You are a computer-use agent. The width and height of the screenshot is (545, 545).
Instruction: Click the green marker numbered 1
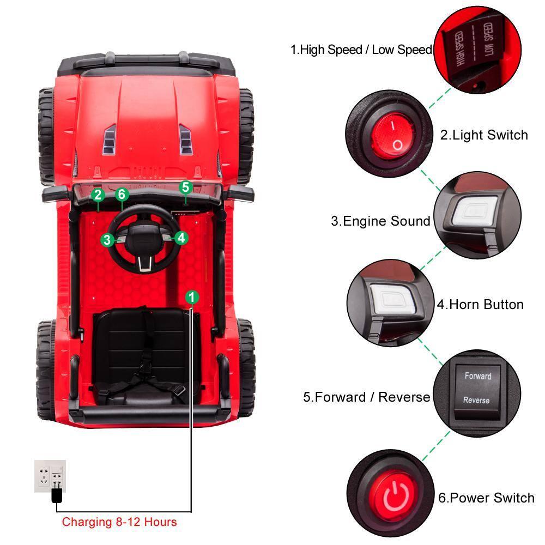click(192, 297)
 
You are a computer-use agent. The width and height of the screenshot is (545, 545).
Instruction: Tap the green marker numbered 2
click(98, 195)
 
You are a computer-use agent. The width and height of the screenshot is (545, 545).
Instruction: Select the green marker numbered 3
click(107, 239)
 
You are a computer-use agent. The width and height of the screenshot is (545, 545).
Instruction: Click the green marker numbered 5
click(186, 187)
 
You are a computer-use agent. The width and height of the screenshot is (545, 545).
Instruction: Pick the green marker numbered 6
click(122, 195)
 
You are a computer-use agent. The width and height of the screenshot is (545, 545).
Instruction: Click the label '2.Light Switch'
click(484, 135)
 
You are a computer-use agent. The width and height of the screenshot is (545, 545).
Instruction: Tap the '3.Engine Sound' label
click(380, 221)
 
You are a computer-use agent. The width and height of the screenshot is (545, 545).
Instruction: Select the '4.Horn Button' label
click(480, 305)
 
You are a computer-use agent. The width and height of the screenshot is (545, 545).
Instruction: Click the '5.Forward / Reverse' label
click(366, 397)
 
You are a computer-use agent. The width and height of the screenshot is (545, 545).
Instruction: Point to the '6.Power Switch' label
click(486, 498)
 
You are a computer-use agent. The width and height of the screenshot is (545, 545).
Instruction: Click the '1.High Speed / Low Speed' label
click(361, 50)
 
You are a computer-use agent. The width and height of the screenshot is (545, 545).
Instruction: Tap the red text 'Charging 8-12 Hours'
click(119, 522)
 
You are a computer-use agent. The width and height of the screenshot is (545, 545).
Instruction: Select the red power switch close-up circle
click(390, 494)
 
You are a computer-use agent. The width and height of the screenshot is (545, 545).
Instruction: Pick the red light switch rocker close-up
click(388, 133)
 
